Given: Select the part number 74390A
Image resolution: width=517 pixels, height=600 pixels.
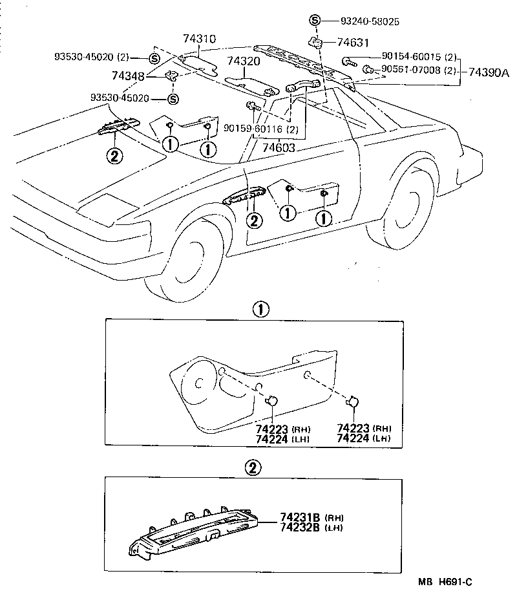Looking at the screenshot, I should [489, 72].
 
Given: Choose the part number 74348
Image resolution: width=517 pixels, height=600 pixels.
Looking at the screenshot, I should [129, 76].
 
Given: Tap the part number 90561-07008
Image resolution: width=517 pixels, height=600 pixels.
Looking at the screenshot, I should [410, 69].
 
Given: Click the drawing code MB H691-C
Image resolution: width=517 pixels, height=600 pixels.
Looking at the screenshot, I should [445, 582].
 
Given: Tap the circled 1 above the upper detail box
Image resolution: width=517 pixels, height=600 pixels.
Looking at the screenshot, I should [259, 310].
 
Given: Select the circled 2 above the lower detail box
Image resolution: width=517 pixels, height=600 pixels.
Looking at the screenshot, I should [253, 467].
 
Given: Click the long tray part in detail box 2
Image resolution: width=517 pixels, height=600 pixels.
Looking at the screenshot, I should [194, 530].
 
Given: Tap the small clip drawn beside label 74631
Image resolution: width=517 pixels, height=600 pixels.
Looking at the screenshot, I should [317, 43].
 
